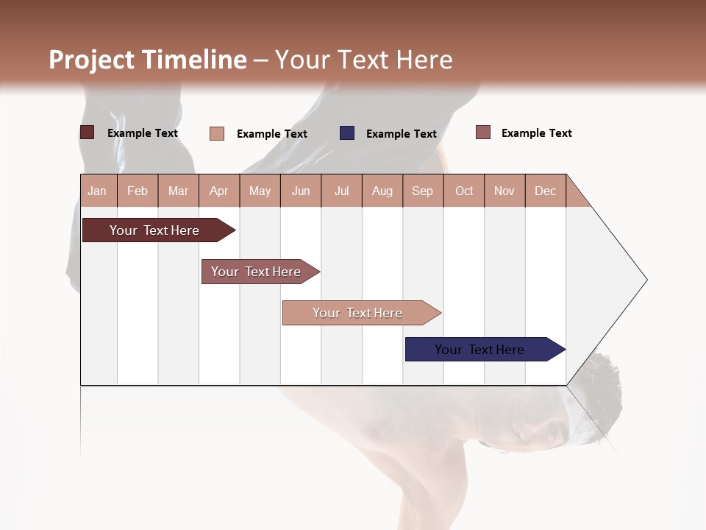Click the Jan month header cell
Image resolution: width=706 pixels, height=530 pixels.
98,191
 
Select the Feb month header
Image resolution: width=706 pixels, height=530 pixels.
138,191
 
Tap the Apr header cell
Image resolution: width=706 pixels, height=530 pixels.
218,191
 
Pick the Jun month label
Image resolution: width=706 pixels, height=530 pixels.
301,191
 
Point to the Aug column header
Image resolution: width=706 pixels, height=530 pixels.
382,191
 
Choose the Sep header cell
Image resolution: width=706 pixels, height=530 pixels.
422,191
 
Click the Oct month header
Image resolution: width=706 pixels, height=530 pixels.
464,191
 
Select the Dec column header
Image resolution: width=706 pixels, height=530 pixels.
545,191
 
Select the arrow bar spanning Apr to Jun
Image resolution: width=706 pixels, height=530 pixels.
257,272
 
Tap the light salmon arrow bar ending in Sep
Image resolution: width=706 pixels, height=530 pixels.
359,313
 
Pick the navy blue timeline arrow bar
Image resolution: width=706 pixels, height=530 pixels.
482,350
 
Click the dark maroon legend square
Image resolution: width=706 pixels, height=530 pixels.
88,132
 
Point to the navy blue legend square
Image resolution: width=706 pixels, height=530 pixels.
347,133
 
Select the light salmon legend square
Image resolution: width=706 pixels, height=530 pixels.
217,133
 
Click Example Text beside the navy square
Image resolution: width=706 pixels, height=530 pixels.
402,134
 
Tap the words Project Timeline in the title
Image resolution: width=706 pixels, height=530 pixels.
148,60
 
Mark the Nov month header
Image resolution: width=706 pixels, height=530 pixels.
504,191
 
